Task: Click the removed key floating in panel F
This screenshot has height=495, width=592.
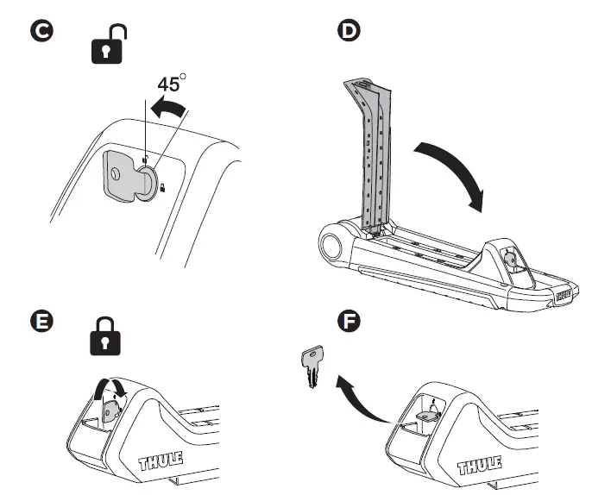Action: tap(312, 367)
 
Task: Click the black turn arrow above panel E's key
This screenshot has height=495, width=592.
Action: tap(114, 385)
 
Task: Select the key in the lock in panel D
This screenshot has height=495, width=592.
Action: tap(512, 258)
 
